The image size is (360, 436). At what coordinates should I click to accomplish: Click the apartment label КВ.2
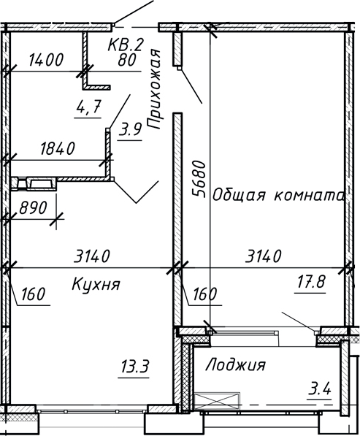tap(125, 45)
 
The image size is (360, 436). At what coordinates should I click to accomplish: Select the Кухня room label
tap(96, 283)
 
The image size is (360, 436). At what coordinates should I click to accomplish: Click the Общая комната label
tap(278, 196)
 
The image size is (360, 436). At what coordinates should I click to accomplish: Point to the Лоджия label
tap(236, 364)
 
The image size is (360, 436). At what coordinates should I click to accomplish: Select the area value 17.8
tap(309, 282)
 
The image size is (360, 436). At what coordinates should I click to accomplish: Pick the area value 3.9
tap(130, 131)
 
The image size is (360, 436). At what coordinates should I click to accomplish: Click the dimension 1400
tap(45, 61)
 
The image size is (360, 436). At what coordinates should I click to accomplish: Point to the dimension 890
tap(31, 207)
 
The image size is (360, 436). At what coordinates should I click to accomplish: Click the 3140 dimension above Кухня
tap(92, 256)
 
